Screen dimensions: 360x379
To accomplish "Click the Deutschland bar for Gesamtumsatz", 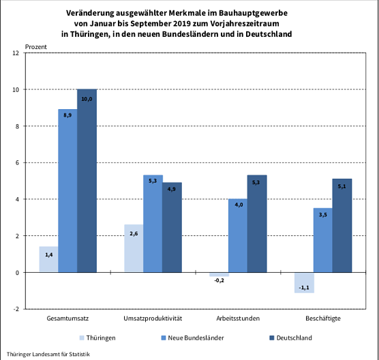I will pos(87,181).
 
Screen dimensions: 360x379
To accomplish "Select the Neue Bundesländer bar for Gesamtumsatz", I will pos(67,191).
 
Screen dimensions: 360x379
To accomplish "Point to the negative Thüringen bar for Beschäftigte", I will pos(304,282).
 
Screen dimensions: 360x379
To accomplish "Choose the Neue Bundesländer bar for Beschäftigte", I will pos(323,240).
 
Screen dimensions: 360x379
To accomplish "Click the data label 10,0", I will pos(87,100).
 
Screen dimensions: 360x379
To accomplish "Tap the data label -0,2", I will pos(218,280).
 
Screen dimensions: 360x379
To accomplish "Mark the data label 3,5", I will pos(323,215).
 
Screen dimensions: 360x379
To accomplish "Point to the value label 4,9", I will pos(171,190).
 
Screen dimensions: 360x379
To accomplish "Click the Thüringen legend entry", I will pos(97,337).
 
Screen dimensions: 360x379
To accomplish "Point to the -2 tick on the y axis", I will pos(16,309).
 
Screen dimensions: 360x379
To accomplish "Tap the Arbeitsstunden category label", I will pos(238,319).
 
